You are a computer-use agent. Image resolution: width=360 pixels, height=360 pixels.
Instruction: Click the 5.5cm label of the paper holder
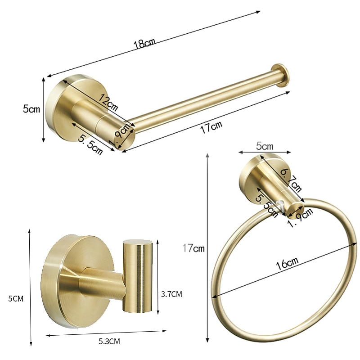coord(90,144)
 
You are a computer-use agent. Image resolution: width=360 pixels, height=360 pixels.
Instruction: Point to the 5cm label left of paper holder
coord(31,108)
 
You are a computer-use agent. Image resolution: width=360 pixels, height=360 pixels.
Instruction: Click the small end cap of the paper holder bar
coord(281,74)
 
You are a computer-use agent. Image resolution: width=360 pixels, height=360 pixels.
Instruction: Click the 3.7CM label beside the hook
coord(171,294)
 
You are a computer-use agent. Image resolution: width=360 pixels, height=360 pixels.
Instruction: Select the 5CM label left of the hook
coord(16,298)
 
